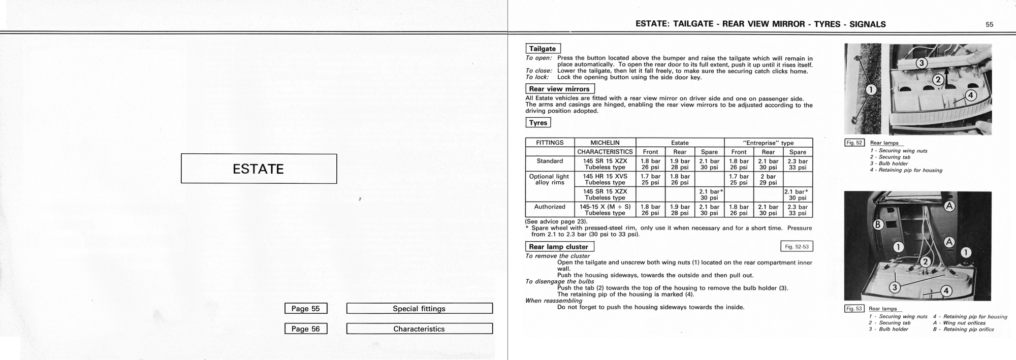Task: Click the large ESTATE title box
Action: point(259,169)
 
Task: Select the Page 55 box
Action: point(306,308)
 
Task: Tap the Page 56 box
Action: point(306,329)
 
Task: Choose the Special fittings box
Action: point(419,308)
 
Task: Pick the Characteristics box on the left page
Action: point(419,329)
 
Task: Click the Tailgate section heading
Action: point(543,49)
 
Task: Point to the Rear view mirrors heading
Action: point(559,89)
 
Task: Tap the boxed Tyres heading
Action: point(538,122)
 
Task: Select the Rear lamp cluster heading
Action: point(559,247)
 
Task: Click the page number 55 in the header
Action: point(989,24)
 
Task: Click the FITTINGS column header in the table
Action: point(550,143)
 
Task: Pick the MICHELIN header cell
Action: point(605,143)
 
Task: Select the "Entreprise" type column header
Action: point(768,143)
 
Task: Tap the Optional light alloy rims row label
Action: point(550,179)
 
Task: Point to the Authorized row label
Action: point(550,207)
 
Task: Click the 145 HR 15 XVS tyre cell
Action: point(605,179)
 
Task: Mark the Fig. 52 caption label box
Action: point(854,143)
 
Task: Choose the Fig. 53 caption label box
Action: point(853,308)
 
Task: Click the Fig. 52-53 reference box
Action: point(797,247)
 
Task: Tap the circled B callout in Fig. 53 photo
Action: point(878,224)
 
